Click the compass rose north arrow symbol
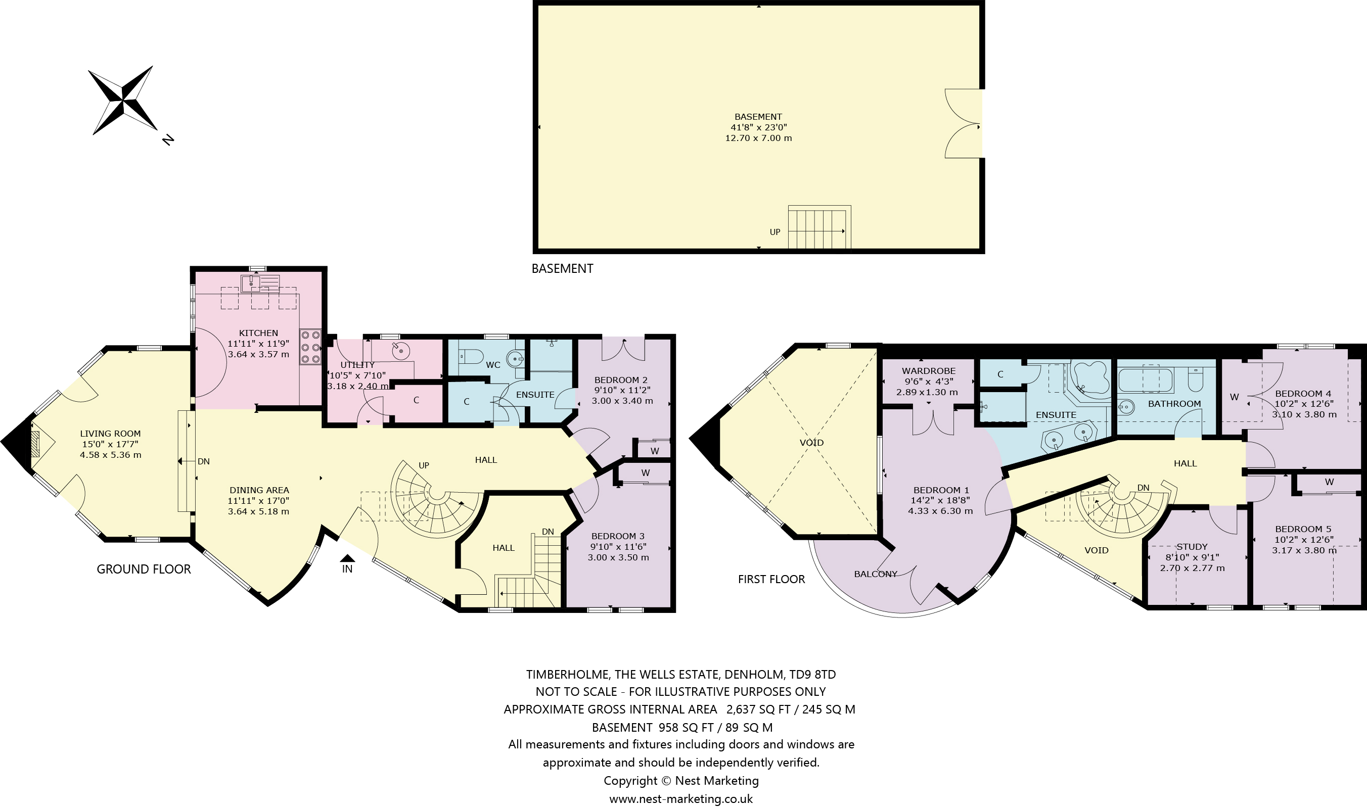coord(123,101)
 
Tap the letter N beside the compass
coord(168,140)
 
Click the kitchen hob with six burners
coord(310,347)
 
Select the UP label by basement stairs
coord(774,232)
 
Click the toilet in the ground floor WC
coord(471,357)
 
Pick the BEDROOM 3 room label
coord(618,536)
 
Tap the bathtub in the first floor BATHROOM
coord(1145,380)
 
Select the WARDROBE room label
coord(929,371)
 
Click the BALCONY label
coord(875,574)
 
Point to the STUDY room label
coord(1192,547)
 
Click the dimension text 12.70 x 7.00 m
coord(758,138)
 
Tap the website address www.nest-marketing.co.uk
coord(681,799)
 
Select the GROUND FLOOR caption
coord(144,569)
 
